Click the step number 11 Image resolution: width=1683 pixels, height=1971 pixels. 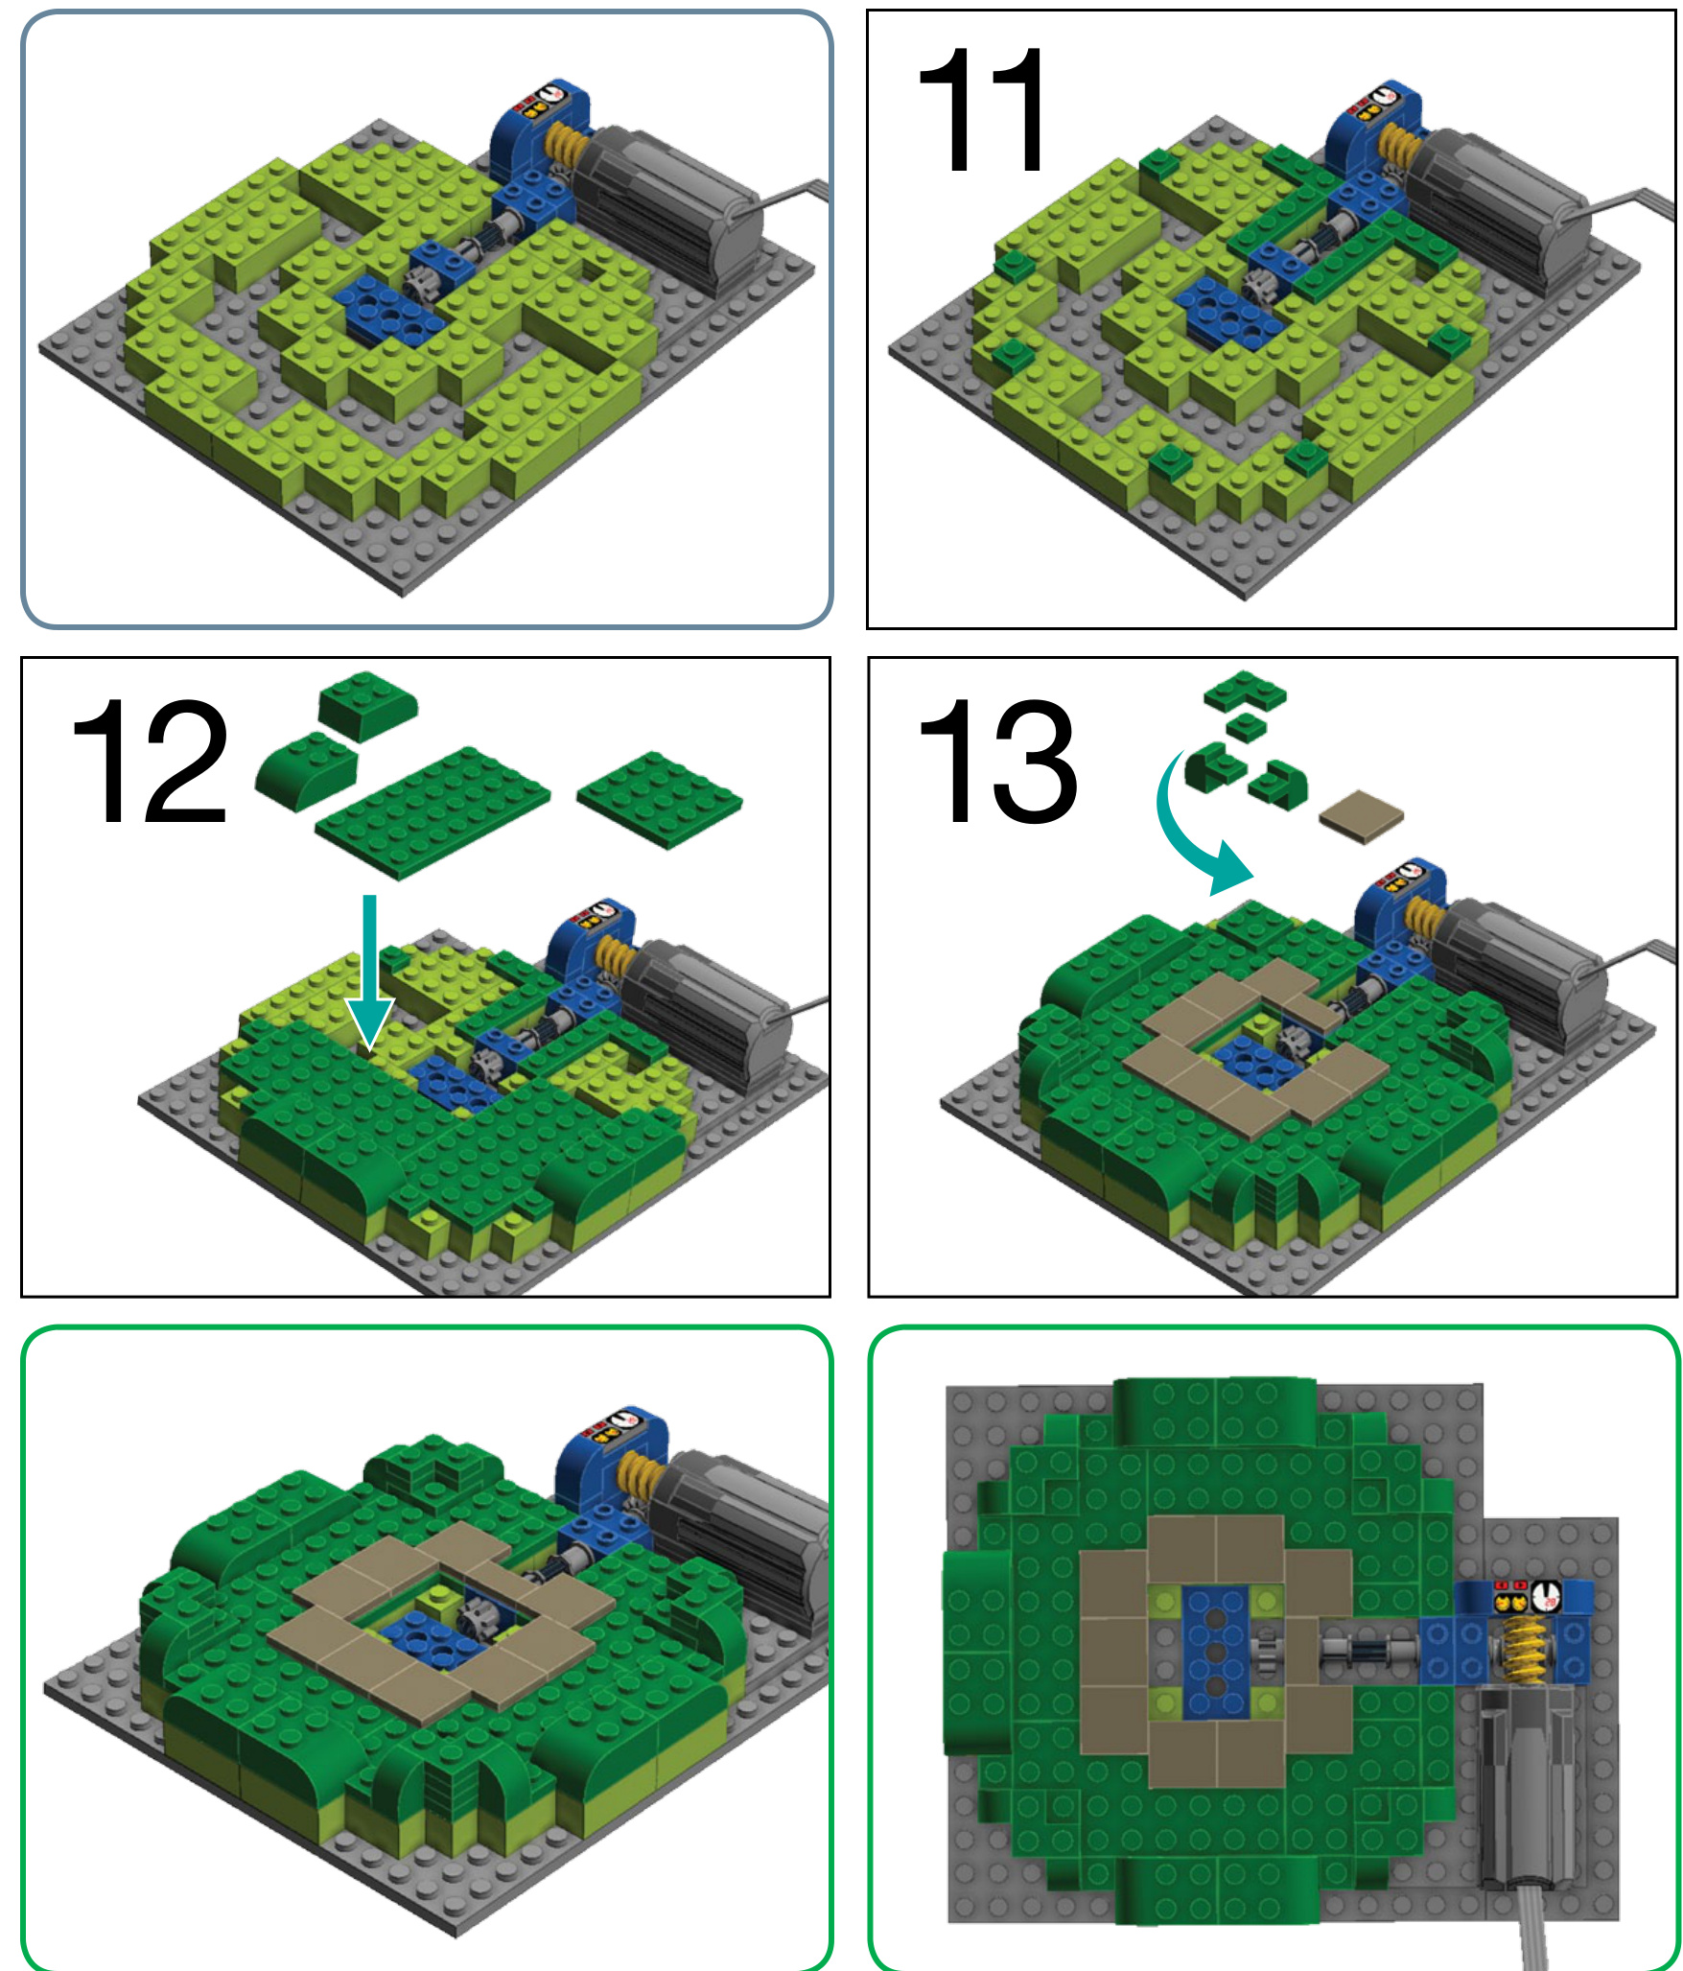(982, 109)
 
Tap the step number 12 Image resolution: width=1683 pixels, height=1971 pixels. (150, 761)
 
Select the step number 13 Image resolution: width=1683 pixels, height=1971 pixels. (997, 761)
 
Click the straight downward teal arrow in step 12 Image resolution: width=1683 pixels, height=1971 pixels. (369, 971)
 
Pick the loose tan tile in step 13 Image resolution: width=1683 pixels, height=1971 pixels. (1361, 816)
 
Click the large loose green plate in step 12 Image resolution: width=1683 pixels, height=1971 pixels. (432, 811)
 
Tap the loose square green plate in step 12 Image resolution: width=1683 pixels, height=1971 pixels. (660, 799)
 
